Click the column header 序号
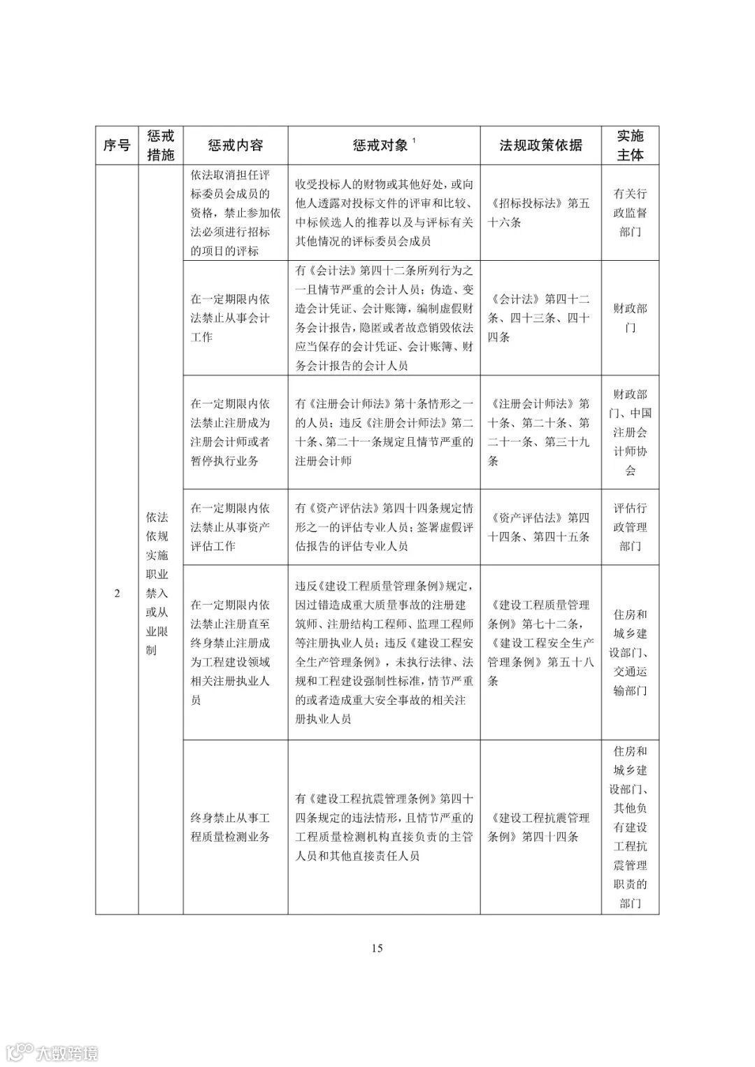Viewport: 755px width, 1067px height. [x=117, y=145]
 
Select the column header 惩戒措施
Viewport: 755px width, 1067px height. [x=160, y=145]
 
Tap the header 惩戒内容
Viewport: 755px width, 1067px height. [x=235, y=145]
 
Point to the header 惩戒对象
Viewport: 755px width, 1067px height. [x=382, y=145]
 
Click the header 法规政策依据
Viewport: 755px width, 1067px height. [x=540, y=145]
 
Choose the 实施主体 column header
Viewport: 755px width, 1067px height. [x=630, y=145]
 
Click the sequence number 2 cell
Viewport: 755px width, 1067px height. [x=117, y=594]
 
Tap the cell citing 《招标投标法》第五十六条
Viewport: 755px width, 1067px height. [x=540, y=213]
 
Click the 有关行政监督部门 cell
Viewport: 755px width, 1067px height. [x=630, y=213]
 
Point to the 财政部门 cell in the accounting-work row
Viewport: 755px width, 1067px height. [x=630, y=318]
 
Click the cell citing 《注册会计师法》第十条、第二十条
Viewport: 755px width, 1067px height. [x=540, y=432]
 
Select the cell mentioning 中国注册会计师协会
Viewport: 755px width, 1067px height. [x=630, y=432]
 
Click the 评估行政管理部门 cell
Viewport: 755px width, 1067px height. [x=630, y=527]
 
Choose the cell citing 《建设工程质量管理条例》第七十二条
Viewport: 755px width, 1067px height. [x=540, y=643]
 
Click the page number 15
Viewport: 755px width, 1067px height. [x=377, y=948]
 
